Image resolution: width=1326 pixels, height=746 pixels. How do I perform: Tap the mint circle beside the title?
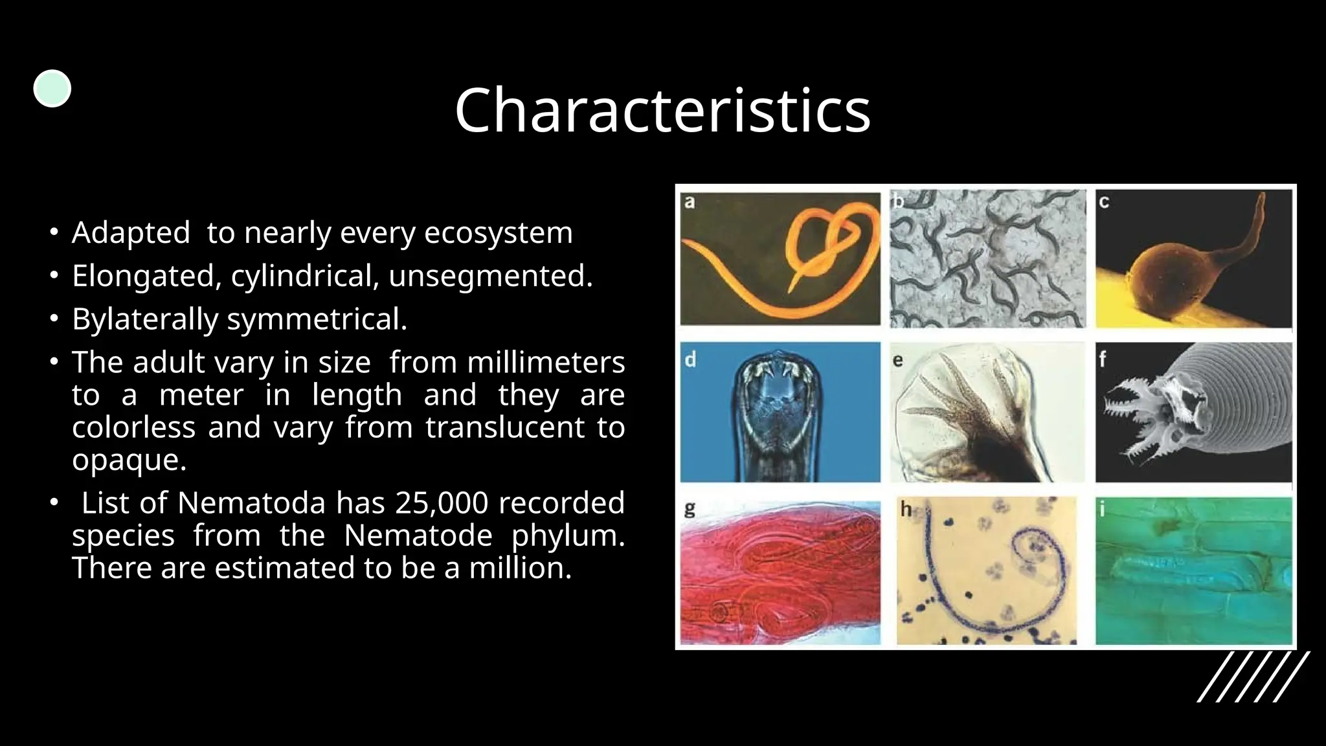52,88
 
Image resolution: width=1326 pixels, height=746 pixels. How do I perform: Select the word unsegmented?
490,276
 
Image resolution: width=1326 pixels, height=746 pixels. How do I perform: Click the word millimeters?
545,362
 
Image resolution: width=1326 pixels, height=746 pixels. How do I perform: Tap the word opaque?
128,460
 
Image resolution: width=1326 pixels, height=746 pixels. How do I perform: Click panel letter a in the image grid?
690,202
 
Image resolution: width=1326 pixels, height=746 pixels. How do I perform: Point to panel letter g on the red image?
690,510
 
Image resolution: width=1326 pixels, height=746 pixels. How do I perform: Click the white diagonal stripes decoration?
1253,677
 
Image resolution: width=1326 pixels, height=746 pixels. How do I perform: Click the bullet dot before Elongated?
55,276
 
